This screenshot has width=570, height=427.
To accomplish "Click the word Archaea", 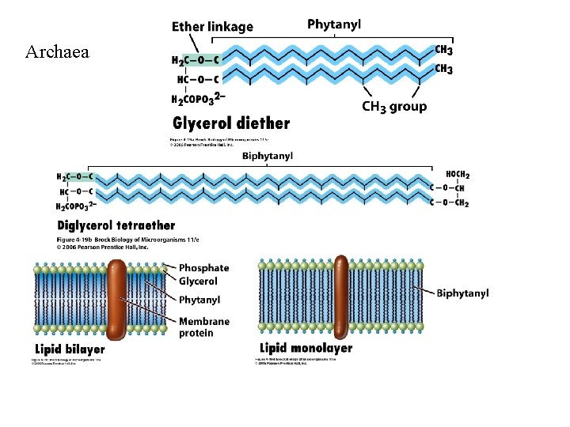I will click(57, 53).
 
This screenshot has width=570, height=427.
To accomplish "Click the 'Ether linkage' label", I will click(212, 26).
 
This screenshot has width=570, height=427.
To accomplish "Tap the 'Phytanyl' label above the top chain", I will click(334, 24).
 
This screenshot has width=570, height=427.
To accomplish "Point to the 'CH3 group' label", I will click(394, 107).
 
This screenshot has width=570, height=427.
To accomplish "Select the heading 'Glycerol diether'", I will click(231, 123).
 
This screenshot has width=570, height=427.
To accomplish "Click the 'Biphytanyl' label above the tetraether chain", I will click(268, 157).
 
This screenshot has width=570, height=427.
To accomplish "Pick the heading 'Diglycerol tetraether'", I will click(116, 225).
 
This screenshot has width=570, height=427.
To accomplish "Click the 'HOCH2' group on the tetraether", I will click(458, 174).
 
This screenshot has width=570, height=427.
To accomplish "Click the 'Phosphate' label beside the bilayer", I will click(203, 268).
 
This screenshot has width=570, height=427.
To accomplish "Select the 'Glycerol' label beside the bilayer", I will click(198, 282).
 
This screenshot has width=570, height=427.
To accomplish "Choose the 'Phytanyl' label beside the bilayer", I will click(199, 300).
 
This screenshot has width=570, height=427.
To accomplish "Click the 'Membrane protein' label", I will click(203, 327).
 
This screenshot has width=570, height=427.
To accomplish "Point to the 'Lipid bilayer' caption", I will click(70, 349).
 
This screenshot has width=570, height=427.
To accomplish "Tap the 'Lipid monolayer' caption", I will click(306, 348).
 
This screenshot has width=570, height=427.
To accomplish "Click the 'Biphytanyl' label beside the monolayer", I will click(462, 293).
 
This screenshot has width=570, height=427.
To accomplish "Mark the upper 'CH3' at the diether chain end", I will click(444, 50).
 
